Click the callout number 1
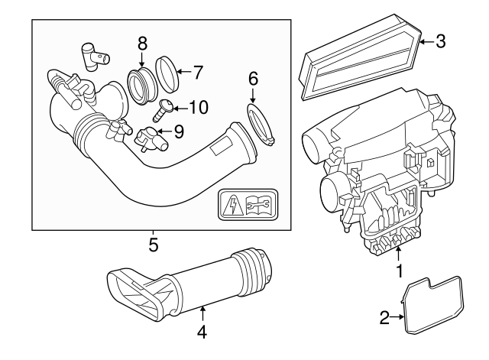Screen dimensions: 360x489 pos(398,271)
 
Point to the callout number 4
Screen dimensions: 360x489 pos(202,332)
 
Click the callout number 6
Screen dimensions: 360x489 pos(254,77)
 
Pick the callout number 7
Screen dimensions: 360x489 pos(198,73)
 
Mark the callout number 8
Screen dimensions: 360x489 pos(142,42)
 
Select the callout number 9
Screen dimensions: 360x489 pos(178,131)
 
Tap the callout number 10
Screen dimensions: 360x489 pos(197,107)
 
